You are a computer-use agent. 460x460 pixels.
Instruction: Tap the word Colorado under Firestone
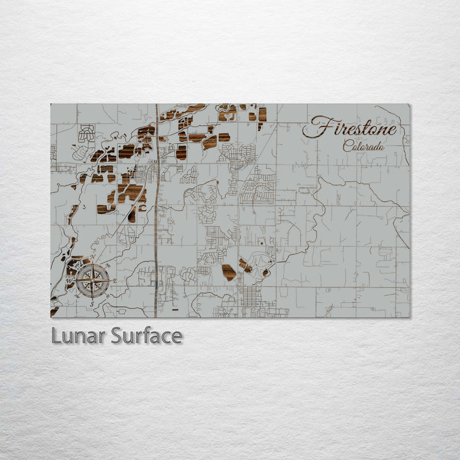[364, 146]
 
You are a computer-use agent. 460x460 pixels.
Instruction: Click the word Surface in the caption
[146, 335]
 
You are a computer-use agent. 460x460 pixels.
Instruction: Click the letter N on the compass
[93, 257]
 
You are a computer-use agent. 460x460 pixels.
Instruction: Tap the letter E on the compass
[114, 280]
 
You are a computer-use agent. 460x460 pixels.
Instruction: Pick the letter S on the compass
[93, 304]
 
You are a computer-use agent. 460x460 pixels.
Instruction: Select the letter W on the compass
[70, 280]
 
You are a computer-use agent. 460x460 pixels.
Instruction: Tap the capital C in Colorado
[347, 146]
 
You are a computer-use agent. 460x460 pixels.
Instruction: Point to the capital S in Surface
[117, 335]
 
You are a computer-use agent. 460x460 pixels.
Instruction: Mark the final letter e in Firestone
[392, 130]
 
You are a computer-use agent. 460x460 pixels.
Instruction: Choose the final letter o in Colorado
[381, 148]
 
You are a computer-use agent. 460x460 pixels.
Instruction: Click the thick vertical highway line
[156, 211]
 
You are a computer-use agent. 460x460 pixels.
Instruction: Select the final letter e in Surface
[176, 337]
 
